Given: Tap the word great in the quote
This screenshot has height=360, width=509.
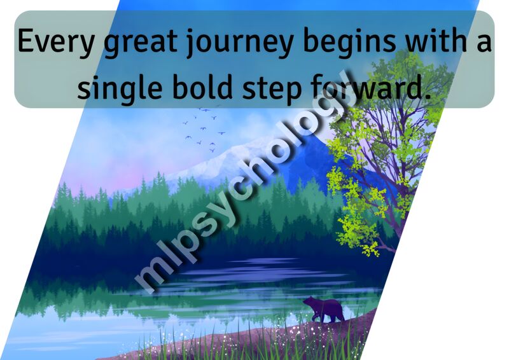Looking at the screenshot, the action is click(140, 43).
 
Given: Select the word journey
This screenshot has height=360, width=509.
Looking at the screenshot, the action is click(240, 43).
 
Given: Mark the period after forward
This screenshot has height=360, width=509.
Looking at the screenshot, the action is click(426, 97).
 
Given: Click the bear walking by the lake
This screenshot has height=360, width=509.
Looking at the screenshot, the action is click(324, 309).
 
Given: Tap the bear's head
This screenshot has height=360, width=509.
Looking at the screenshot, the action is click(309, 302).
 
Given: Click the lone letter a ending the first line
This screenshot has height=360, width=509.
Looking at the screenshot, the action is click(484, 44).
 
